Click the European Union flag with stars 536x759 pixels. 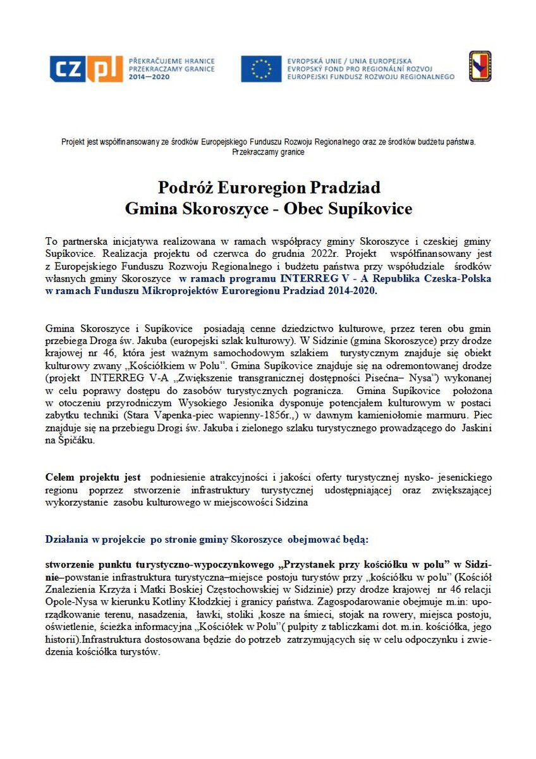pos(260,68)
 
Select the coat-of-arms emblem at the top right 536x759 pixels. pos(480,66)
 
